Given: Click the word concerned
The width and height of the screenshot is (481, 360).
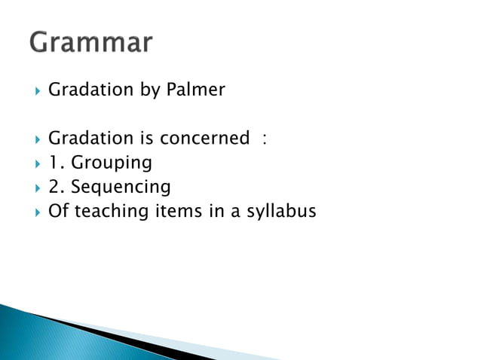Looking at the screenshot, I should click(204, 139).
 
